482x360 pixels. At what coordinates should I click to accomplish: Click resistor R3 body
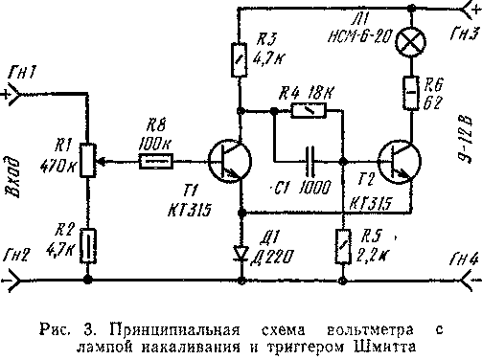pyautogui.click(x=240, y=65)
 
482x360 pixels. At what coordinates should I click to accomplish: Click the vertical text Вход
pyautogui.click(x=14, y=178)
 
